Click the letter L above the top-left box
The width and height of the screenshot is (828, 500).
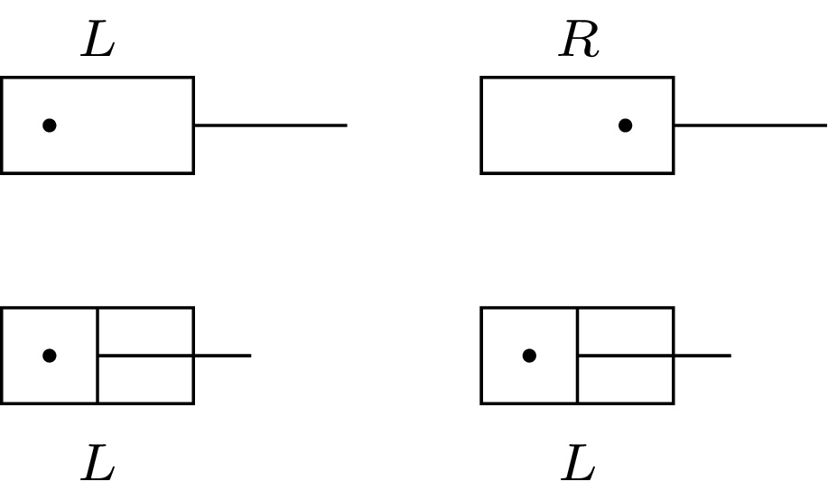click(98, 42)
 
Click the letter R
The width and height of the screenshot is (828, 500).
click(579, 42)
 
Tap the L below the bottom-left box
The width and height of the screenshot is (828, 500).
click(98, 466)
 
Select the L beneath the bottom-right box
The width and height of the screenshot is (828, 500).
click(578, 466)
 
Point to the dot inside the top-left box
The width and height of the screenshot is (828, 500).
click(50, 125)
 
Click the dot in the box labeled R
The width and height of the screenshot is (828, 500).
click(625, 125)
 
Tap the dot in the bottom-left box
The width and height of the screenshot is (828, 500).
click(50, 356)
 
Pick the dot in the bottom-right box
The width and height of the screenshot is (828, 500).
click(529, 356)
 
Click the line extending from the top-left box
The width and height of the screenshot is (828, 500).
click(270, 125)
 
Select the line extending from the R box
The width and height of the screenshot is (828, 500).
click(749, 125)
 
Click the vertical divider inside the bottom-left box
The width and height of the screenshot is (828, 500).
click(98, 379)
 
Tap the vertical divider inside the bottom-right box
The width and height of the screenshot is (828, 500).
click(577, 379)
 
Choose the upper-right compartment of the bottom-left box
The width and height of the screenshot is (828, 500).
click(145, 331)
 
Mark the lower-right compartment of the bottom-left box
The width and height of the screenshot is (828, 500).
click(145, 380)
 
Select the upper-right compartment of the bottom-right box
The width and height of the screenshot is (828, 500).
click(625, 331)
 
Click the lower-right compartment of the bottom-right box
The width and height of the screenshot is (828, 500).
click(625, 380)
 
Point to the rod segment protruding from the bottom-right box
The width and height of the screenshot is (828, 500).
click(702, 356)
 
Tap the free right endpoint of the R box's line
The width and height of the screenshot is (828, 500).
click(824, 125)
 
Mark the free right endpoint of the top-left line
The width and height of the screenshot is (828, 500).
click(346, 125)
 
